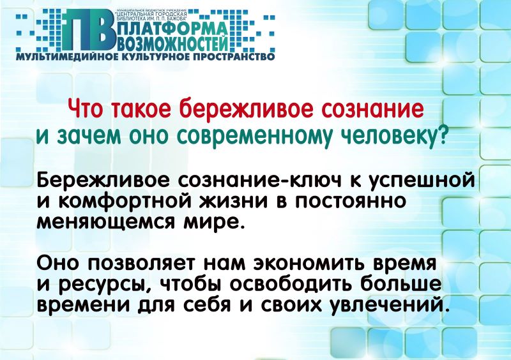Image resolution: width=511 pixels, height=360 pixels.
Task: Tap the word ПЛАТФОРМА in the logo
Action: tap(171, 29)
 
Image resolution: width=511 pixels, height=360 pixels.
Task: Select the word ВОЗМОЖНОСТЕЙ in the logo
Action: tap(171, 43)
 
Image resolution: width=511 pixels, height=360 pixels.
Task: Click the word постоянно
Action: tap(351, 201)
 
